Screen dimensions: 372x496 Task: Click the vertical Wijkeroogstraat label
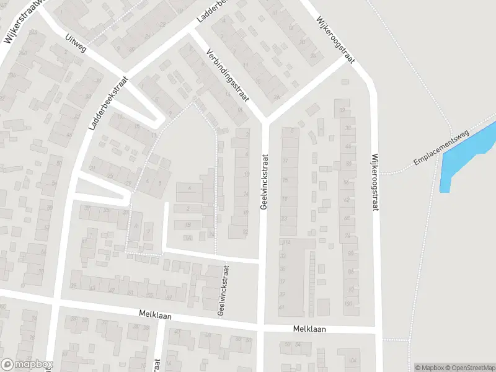[x=374, y=183]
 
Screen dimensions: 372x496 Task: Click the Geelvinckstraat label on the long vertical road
[x=263, y=182]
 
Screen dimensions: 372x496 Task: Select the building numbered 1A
[x=187, y=237]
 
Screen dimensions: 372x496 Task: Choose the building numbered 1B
[x=211, y=234]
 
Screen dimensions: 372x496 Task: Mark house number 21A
[x=285, y=242]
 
